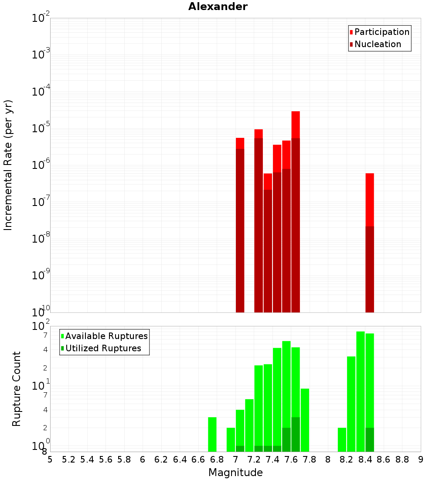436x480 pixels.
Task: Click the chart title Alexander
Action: [x=218, y=7]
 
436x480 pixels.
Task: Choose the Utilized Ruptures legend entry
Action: [x=103, y=349]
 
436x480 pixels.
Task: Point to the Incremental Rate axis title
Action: [x=8, y=165]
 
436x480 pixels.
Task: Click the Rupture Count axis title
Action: [x=17, y=389]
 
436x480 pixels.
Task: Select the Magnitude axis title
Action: [x=235, y=473]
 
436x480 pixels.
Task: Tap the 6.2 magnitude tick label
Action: [x=161, y=459]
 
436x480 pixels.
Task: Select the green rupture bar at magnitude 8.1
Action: [x=342, y=439]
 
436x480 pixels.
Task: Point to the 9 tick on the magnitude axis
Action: [x=421, y=459]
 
